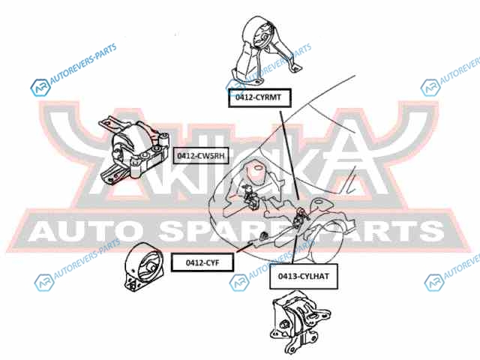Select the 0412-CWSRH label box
click(x=200, y=156)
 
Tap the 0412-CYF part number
click(x=200, y=262)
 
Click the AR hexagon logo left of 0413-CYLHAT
click(x=238, y=282)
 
